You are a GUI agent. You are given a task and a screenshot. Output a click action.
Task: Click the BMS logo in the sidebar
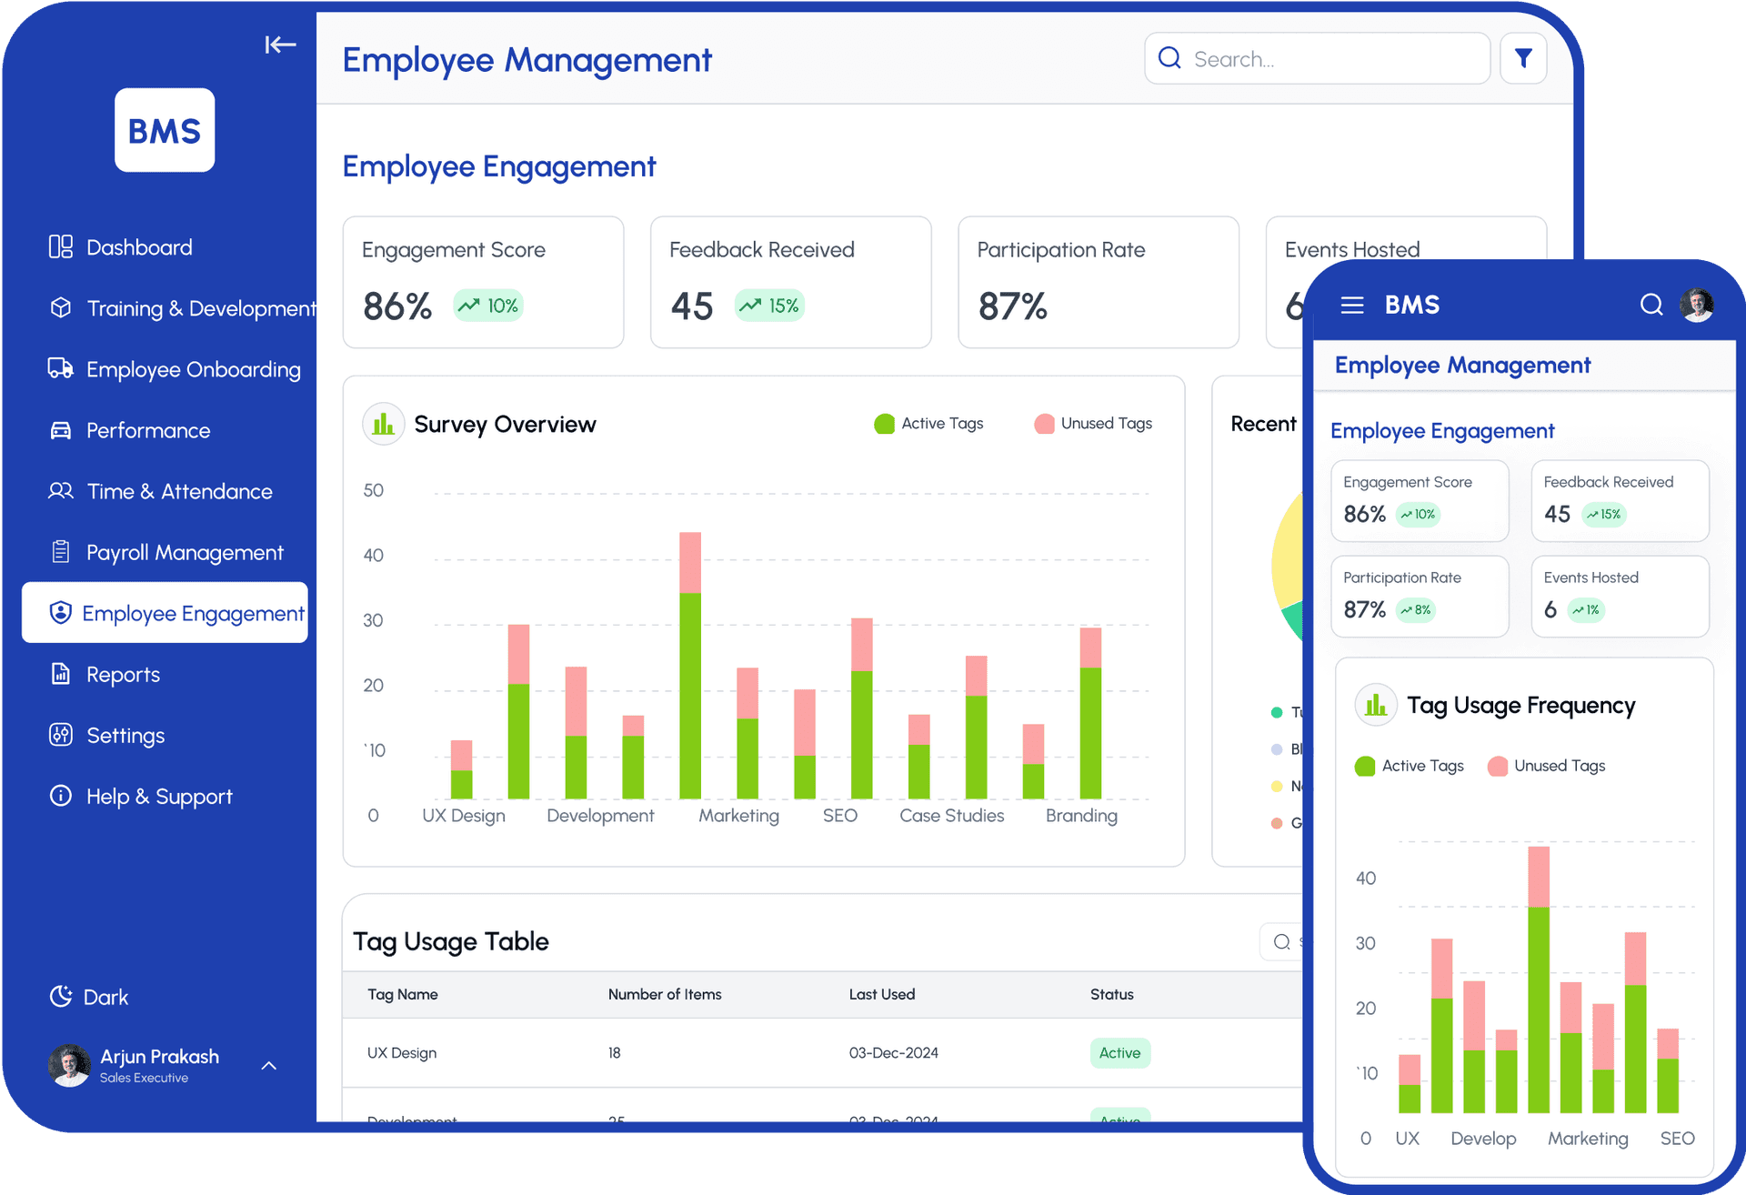(165, 130)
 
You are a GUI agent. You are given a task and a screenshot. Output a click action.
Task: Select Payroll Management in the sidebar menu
(184, 553)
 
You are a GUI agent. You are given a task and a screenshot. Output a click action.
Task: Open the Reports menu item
(122, 675)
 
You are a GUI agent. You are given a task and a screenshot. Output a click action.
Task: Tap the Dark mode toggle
(89, 997)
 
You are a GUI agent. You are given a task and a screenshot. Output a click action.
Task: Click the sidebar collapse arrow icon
(280, 45)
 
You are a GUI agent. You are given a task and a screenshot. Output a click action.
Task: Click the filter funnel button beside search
(1523, 59)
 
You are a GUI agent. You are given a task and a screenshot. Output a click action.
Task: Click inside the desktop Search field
(1319, 59)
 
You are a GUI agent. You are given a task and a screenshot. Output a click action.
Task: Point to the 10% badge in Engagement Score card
(489, 306)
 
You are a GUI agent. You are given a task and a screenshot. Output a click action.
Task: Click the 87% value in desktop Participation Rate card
(1012, 306)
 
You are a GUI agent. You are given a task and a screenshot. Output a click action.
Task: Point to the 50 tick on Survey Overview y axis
(373, 491)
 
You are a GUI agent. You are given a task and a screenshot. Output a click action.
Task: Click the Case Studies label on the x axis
(951, 816)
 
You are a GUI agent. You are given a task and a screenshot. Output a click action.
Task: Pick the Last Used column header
(881, 994)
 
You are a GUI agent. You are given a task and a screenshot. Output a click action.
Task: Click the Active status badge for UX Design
(1119, 1053)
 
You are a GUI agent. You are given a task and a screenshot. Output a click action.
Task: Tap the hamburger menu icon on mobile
(1352, 306)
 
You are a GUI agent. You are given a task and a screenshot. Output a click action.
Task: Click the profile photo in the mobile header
(1697, 306)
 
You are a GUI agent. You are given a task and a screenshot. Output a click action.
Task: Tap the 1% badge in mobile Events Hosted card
(1586, 610)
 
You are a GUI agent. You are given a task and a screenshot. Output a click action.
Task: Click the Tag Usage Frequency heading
(1520, 706)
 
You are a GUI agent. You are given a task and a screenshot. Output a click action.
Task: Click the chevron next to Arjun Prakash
(269, 1065)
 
